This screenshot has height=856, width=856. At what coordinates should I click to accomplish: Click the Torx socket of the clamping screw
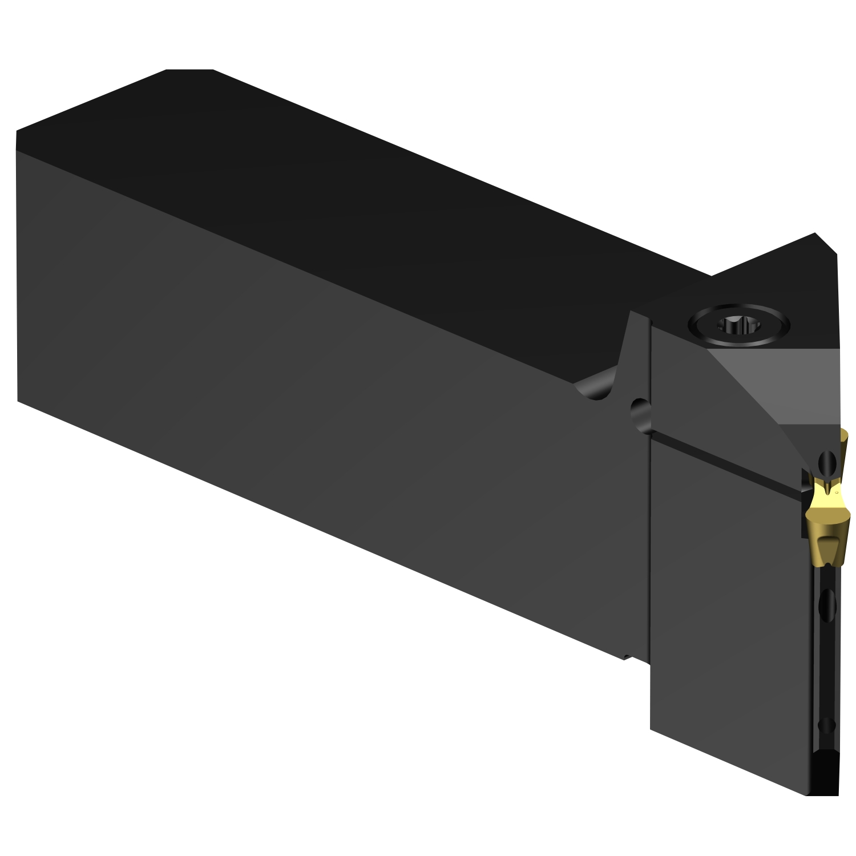coord(739,326)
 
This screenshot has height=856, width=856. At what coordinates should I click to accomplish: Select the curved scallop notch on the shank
coord(596,389)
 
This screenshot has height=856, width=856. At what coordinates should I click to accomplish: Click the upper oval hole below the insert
coord(827,602)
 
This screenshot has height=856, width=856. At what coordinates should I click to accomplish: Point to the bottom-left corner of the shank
coord(18,401)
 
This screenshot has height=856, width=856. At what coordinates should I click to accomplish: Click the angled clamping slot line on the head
coord(725,462)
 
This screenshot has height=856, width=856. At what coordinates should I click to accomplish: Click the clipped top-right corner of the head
coord(826,243)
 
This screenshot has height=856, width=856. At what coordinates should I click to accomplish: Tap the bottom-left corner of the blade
coord(652,729)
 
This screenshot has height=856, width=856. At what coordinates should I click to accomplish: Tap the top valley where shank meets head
coord(712,276)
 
